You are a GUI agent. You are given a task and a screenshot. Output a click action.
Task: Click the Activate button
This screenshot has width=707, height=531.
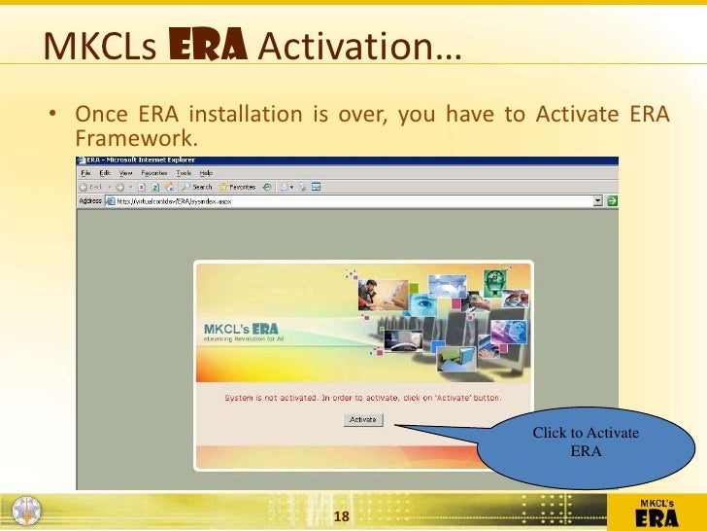tap(363, 419)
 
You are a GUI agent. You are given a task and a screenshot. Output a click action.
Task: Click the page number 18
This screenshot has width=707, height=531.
tap(341, 514)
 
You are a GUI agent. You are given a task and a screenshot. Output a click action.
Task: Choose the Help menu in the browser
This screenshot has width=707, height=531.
tap(206, 172)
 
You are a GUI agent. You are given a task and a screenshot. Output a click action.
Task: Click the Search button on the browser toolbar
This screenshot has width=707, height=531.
tap(197, 187)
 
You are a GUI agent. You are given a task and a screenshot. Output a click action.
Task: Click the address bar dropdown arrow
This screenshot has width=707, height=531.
tap(599, 201)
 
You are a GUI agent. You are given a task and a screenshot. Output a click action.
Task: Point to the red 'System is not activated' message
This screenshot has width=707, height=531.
tap(363, 399)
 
